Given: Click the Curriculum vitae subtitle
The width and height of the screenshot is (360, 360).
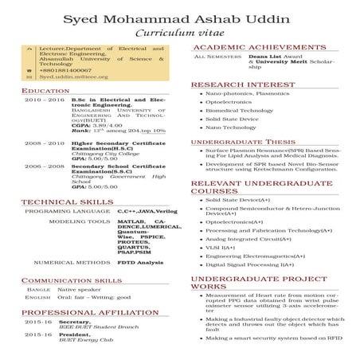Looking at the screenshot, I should [180, 33].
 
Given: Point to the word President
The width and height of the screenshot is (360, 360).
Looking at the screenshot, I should [78, 335].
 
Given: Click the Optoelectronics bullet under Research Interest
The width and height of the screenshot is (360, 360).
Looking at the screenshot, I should [230, 103].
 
